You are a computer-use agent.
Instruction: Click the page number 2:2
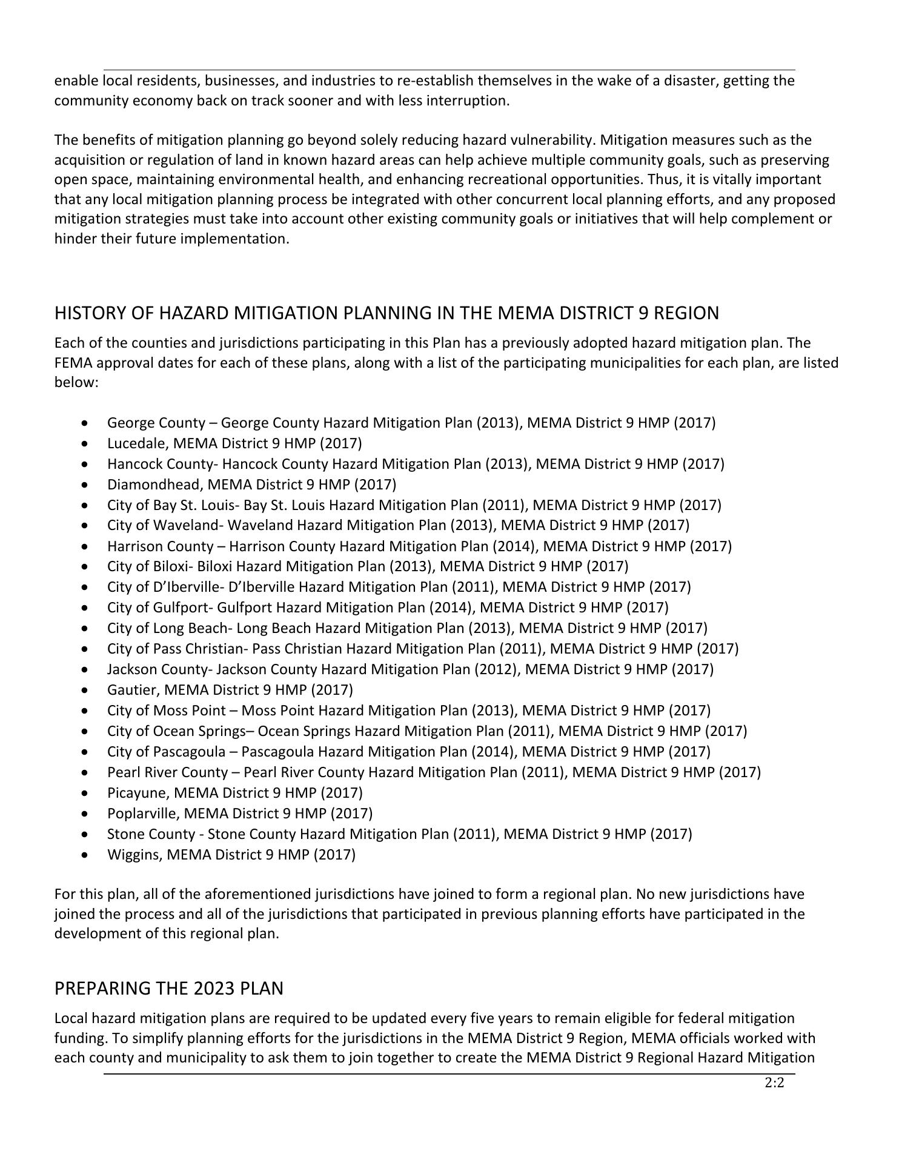(774, 1084)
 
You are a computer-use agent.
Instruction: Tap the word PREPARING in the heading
(104, 989)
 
